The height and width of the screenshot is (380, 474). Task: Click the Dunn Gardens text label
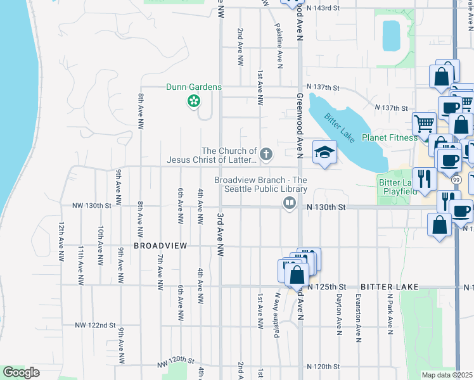pos(193,87)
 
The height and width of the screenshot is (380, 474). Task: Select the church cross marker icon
pos(267,153)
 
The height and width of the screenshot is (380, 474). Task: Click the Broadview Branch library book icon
pos(290,203)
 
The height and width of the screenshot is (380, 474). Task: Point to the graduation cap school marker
pos(324,152)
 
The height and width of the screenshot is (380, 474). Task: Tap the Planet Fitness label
pos(389,137)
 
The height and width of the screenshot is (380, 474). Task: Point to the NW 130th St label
pos(92,206)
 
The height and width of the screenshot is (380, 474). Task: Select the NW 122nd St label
pos(95,325)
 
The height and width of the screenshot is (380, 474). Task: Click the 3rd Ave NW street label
pos(221,232)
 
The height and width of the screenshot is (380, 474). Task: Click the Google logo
pos(21,372)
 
